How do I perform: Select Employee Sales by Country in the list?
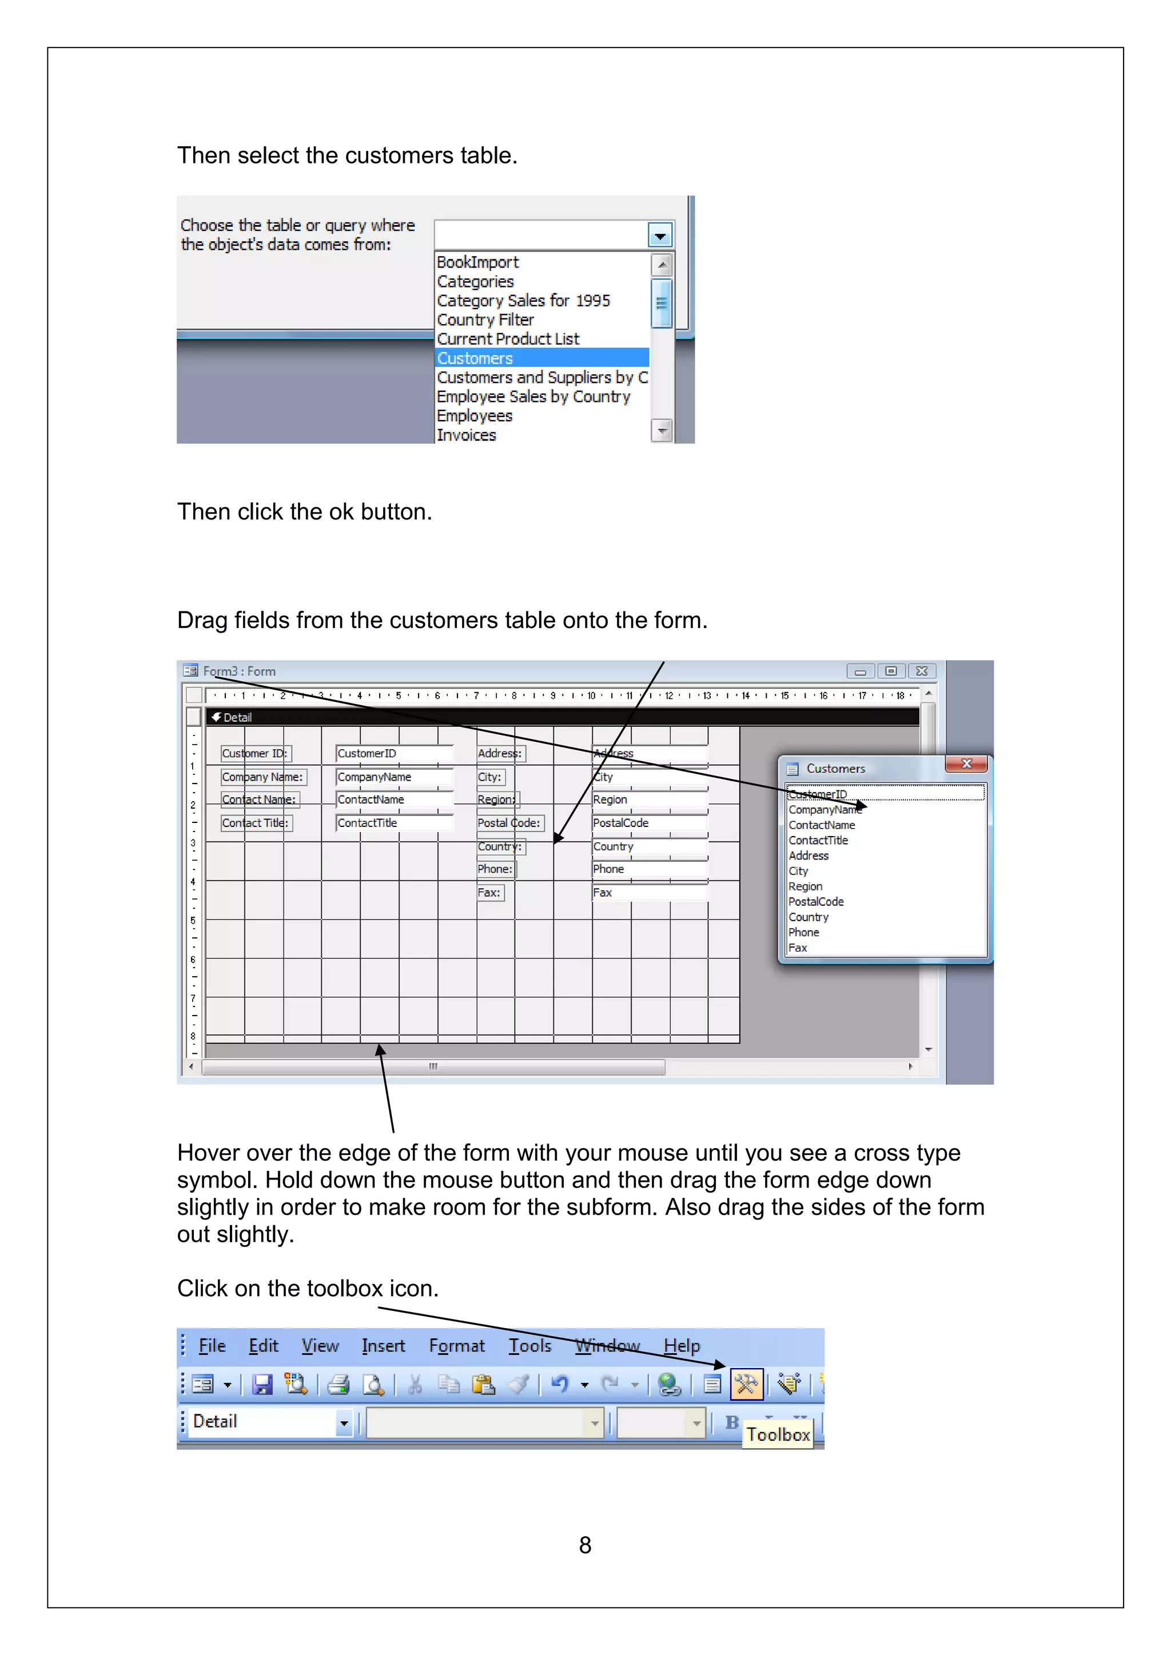(x=533, y=397)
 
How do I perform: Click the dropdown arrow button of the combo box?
(x=660, y=235)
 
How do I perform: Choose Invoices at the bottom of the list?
(x=467, y=435)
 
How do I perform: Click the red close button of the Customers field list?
(x=967, y=764)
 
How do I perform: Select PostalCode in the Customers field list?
(x=815, y=902)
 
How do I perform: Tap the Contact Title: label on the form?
(x=255, y=823)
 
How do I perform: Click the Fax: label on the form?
(x=489, y=893)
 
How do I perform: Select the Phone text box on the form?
(x=649, y=869)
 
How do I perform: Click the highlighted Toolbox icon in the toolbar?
(x=746, y=1384)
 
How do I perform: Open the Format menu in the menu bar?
(x=456, y=1346)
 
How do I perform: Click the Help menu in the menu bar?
(x=682, y=1346)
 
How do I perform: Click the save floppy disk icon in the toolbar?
(x=262, y=1384)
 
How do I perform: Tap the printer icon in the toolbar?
(x=338, y=1384)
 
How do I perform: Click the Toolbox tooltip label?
(x=778, y=1434)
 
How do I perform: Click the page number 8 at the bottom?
(x=585, y=1545)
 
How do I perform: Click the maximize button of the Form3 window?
(x=890, y=671)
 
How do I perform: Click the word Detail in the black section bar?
(x=237, y=717)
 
